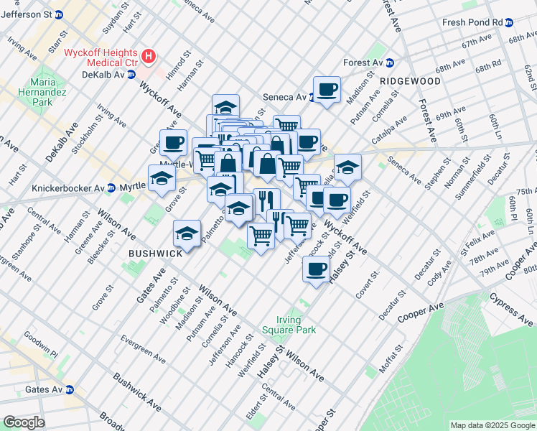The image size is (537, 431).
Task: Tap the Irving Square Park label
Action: click(x=296, y=325)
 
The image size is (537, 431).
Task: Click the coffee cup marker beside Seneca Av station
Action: click(x=327, y=90)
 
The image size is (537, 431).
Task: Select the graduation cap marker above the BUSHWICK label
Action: click(x=187, y=233)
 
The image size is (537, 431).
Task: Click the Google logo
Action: click(x=24, y=422)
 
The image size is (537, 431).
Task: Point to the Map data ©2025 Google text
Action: click(x=492, y=425)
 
